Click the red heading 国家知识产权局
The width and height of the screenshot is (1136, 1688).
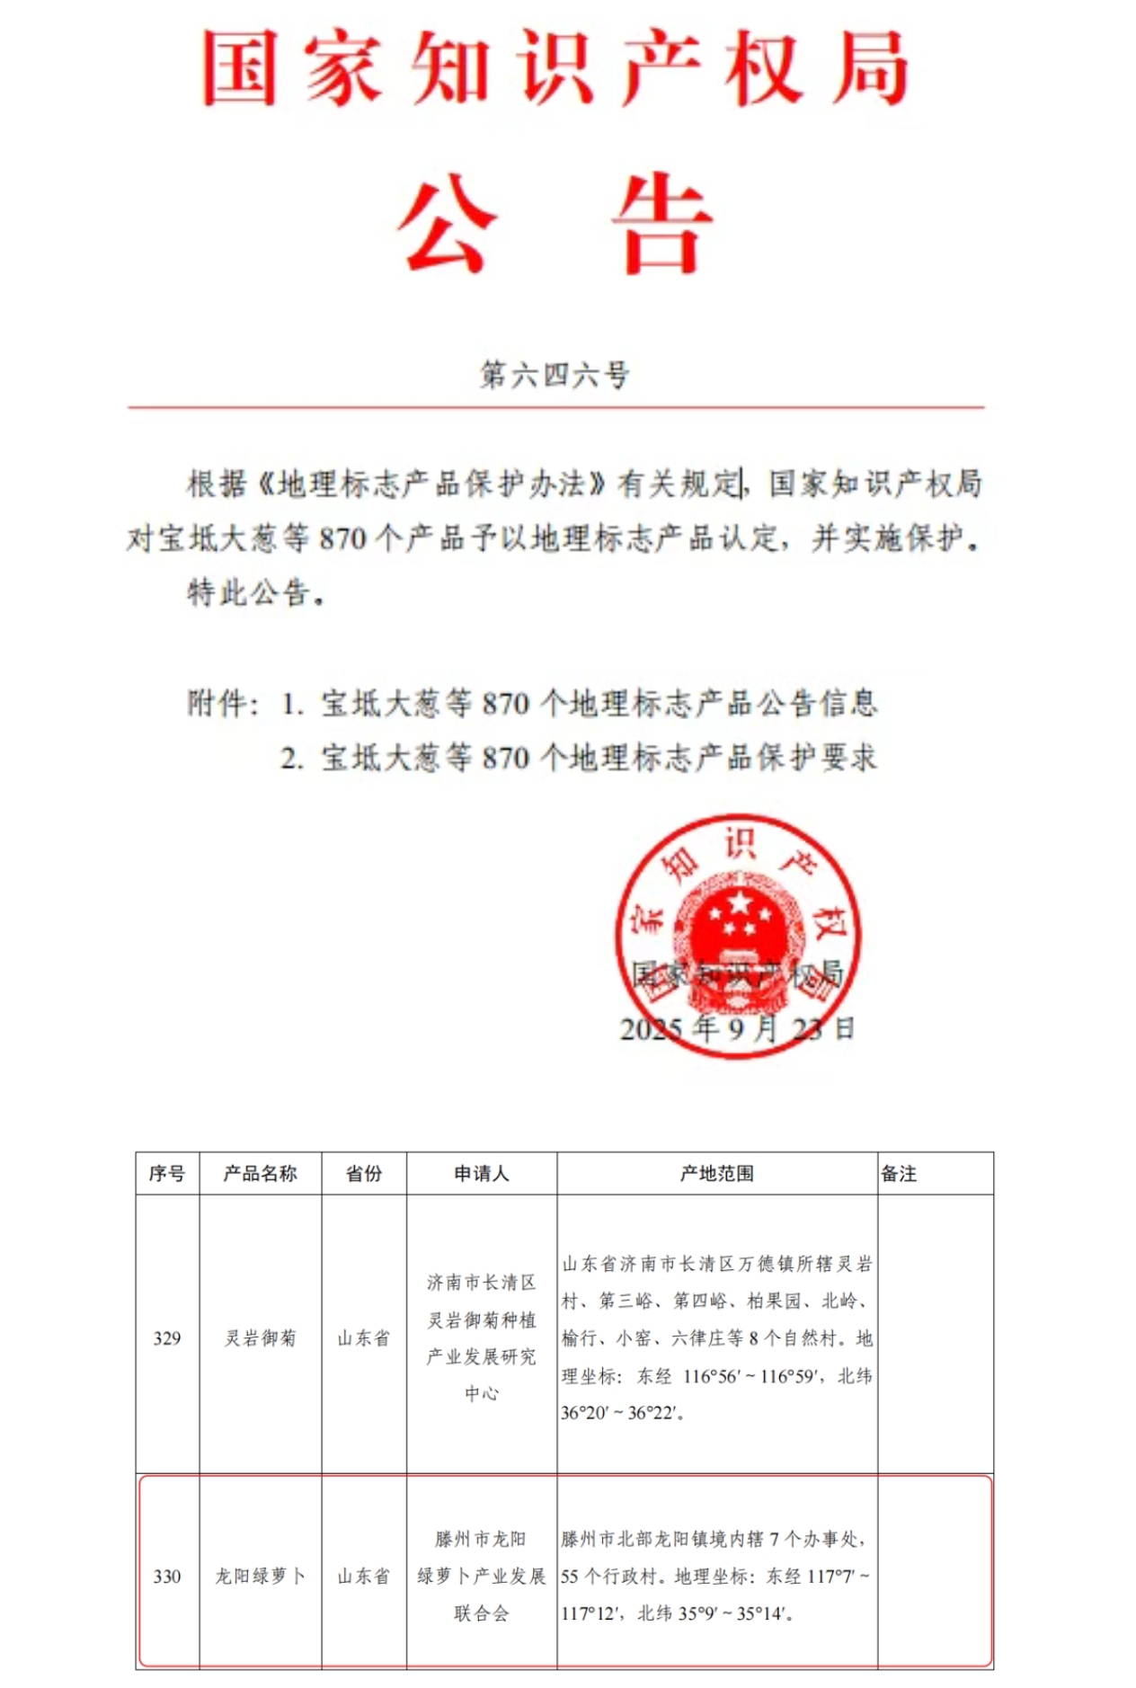tap(555, 68)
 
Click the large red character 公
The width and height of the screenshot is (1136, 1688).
tap(447, 223)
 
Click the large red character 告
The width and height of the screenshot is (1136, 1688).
tap(662, 223)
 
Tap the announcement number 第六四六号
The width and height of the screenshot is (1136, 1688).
tap(555, 375)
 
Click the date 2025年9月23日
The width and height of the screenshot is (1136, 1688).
tap(737, 1028)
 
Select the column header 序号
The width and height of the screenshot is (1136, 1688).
tap(167, 1173)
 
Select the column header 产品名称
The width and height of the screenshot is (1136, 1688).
tap(260, 1173)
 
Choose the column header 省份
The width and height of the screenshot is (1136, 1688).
tap(364, 1173)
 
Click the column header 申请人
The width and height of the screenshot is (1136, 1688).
tap(481, 1173)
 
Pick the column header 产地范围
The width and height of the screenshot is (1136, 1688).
tap(716, 1173)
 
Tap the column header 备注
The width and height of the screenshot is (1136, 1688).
tap(899, 1173)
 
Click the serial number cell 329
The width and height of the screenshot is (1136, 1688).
tap(167, 1338)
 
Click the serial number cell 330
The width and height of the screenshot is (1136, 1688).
tap(167, 1576)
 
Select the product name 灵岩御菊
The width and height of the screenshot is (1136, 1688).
tap(260, 1338)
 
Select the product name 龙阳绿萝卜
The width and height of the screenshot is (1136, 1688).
tap(260, 1576)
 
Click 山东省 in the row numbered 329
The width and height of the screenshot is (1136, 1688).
tap(364, 1338)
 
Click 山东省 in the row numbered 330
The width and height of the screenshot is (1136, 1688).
tap(364, 1576)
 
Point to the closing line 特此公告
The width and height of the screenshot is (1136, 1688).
tap(255, 592)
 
